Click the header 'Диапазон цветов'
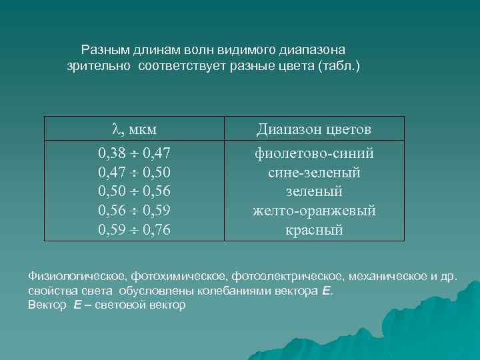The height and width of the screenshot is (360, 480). pos(314,129)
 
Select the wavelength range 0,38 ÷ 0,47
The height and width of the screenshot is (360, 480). pos(134,154)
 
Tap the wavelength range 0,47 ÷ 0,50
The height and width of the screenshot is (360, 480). pos(134,173)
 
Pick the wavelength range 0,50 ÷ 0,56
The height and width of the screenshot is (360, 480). pos(134,192)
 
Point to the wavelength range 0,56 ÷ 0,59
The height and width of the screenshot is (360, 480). pos(134,211)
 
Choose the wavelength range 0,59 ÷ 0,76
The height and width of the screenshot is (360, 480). pos(134,231)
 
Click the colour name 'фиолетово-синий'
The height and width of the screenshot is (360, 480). pos(314,154)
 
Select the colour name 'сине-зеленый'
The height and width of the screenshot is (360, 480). pos(314,173)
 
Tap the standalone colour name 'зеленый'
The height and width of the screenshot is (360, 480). pos(314,192)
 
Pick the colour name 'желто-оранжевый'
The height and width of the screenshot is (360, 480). pos(314,211)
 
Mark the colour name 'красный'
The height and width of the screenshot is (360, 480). pos(314,231)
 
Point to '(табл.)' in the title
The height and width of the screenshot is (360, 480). pos(339,67)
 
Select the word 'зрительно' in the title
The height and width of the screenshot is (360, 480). pos(100,67)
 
